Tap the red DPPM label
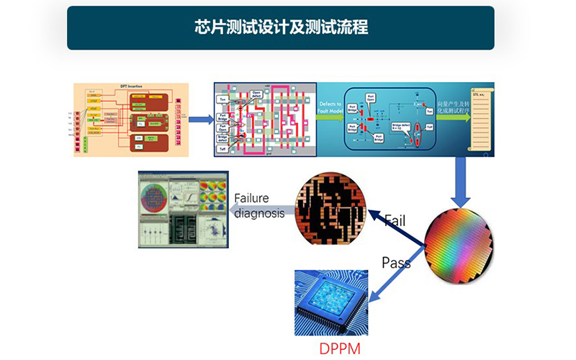[x=341, y=350]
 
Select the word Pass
[x=396, y=262]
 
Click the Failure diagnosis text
[x=260, y=206]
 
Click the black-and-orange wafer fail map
[x=332, y=209]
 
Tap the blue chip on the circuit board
[x=332, y=303]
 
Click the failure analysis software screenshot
[x=183, y=210]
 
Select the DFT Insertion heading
[x=130, y=87]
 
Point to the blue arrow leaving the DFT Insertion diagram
[x=200, y=119]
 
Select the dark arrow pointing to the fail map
[x=396, y=229]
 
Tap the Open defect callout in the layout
[x=256, y=93]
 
